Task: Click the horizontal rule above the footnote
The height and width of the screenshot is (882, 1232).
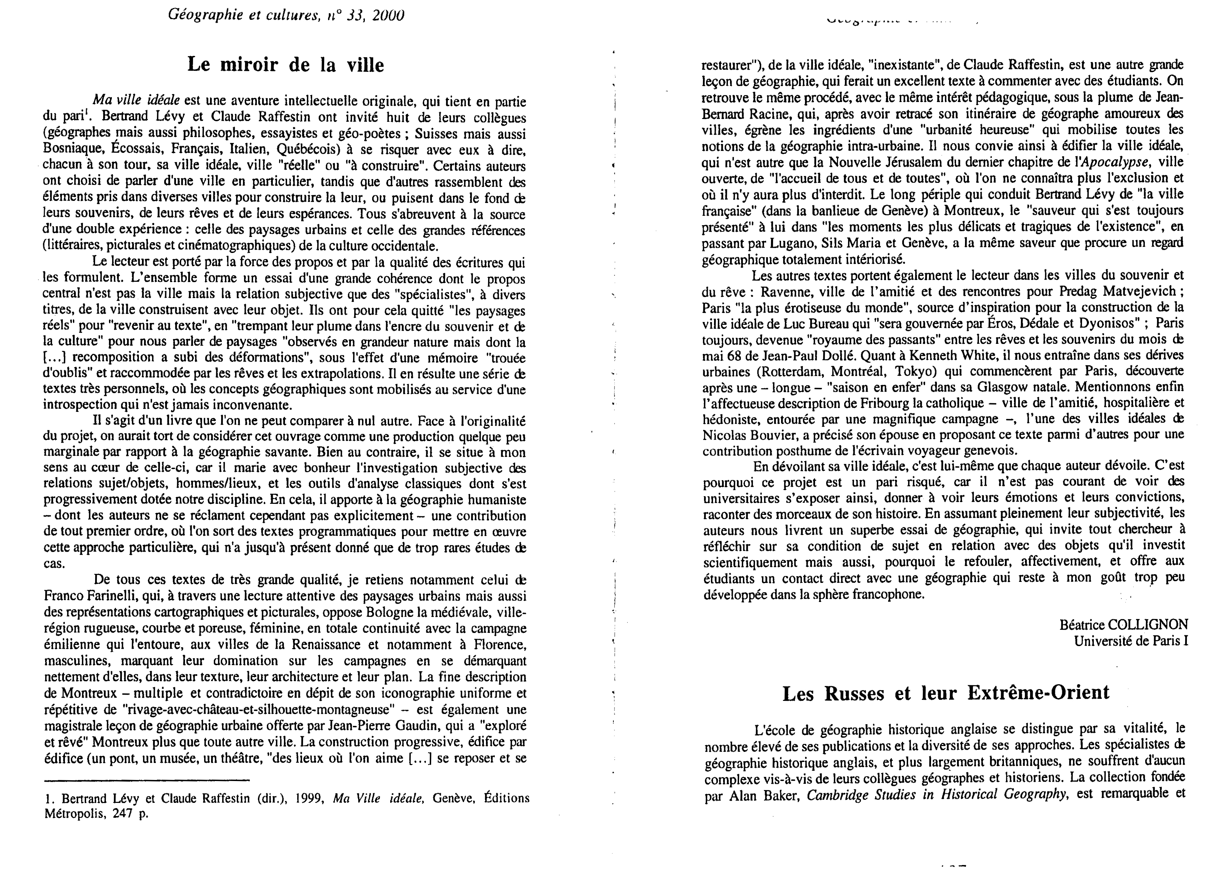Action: [146, 781]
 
